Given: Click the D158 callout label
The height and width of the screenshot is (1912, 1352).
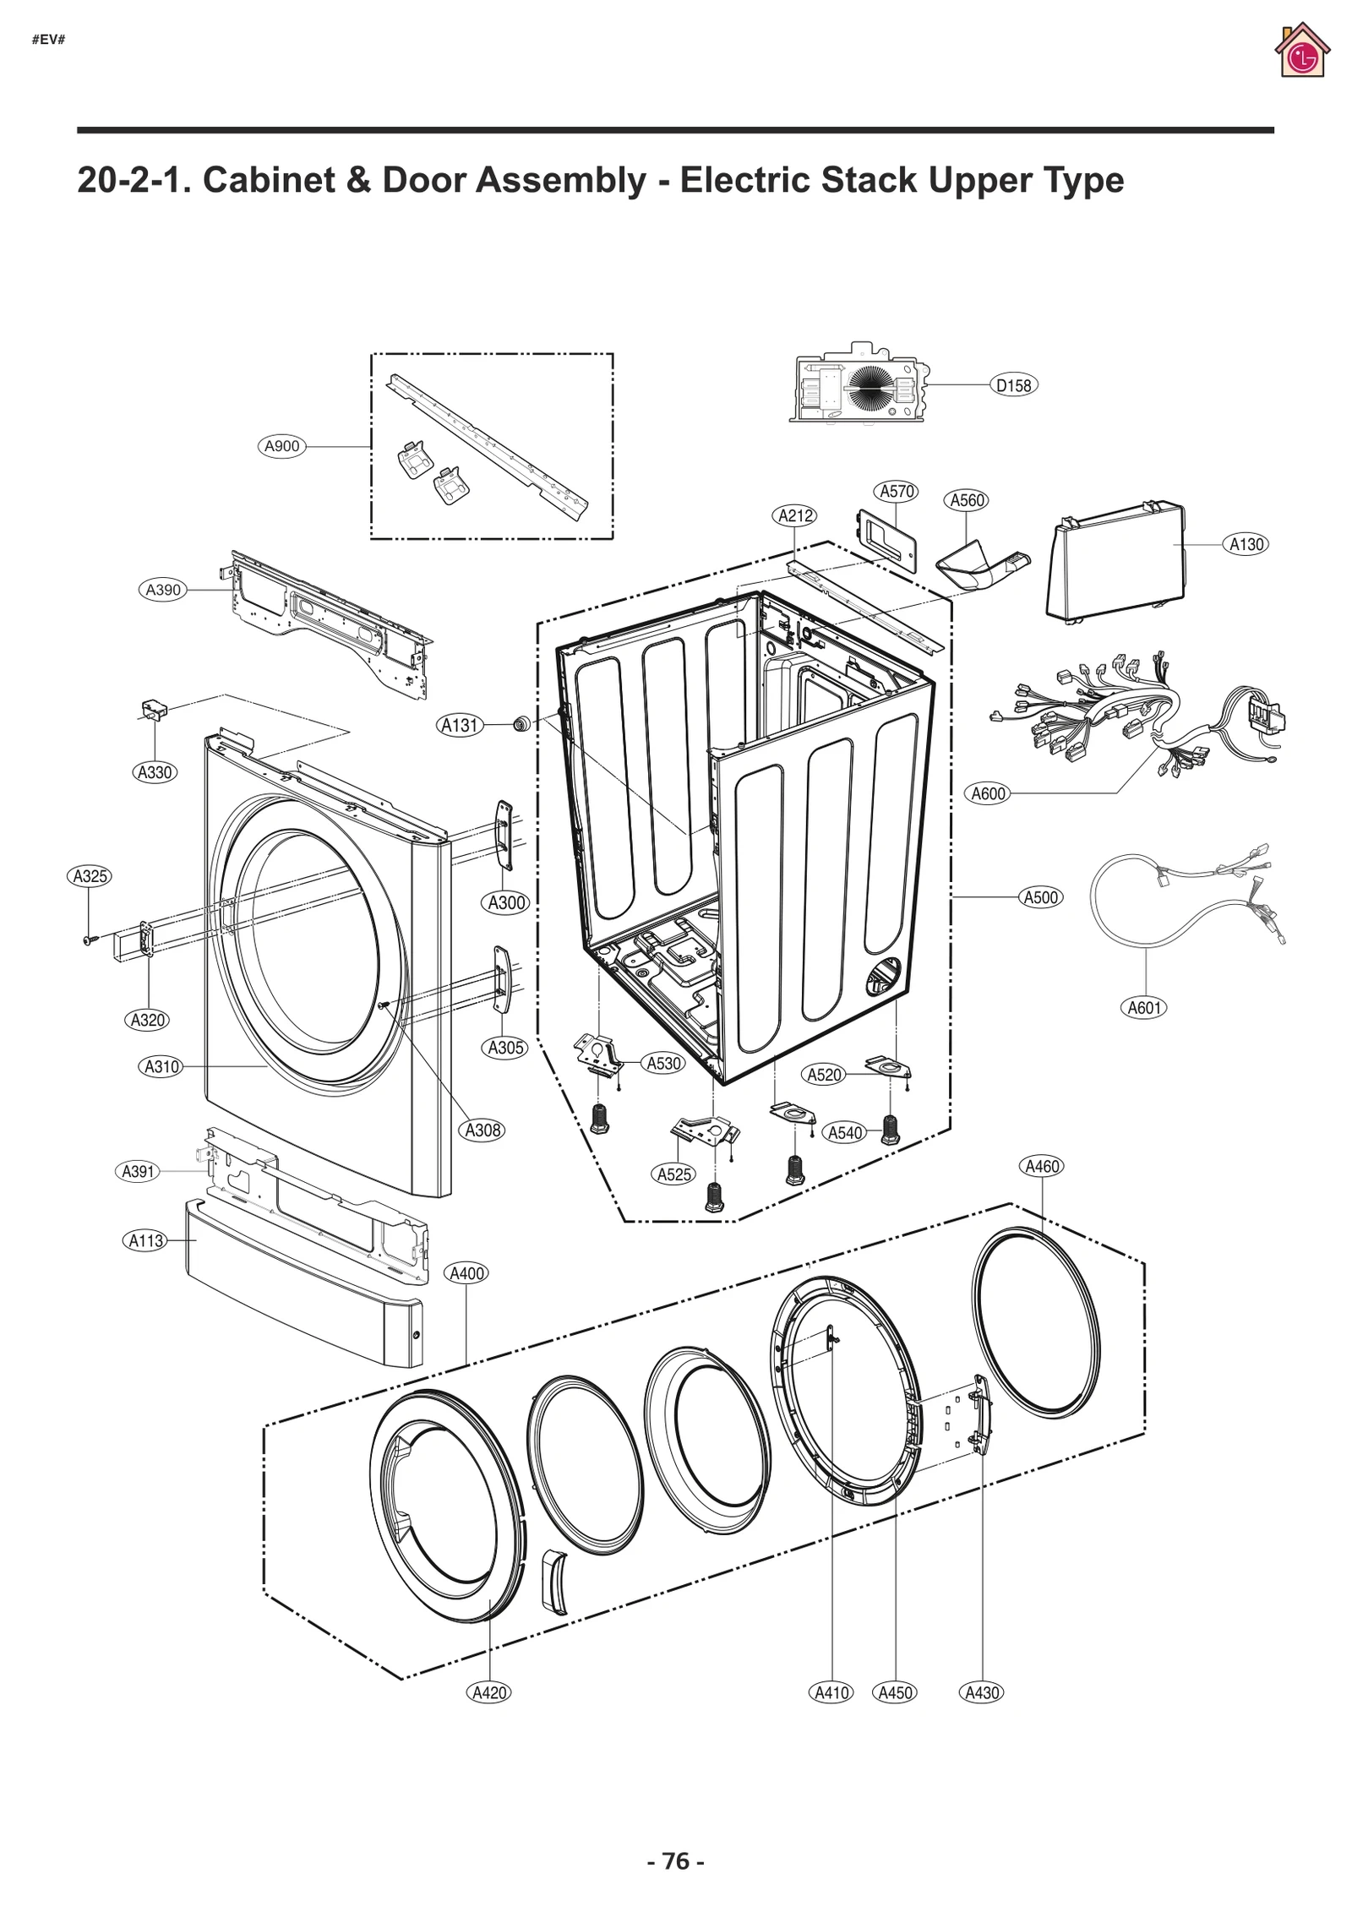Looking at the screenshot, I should click(1013, 385).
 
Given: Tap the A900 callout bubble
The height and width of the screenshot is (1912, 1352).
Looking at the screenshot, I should click(281, 446).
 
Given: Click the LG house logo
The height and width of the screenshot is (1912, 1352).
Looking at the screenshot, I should click(1302, 51).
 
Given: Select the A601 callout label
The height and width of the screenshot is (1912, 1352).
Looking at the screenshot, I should click(1144, 1007).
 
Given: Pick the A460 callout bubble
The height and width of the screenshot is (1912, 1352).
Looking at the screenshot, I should click(1042, 1166).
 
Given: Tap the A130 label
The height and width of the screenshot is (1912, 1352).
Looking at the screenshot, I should click(1246, 544).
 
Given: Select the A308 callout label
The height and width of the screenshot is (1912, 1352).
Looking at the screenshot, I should click(483, 1130).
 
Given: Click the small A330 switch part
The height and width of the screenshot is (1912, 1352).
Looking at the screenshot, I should click(153, 709).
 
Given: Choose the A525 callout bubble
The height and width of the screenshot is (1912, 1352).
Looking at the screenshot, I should click(674, 1174).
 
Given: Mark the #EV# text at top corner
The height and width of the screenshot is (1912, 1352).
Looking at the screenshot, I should click(49, 40).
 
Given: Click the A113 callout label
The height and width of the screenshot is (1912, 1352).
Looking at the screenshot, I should click(145, 1240).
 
